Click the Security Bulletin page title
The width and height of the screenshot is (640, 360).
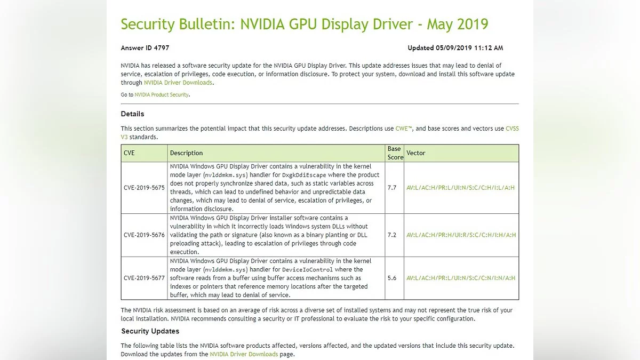(304, 25)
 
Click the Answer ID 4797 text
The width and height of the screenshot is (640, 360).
(145, 48)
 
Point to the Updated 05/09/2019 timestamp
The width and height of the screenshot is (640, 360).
(455, 48)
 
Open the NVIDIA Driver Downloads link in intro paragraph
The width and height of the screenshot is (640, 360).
(178, 83)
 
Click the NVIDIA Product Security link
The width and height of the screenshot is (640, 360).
(162, 95)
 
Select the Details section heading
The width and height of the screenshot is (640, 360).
(132, 114)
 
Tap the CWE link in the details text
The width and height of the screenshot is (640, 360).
(403, 129)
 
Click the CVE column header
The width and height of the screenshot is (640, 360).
(129, 153)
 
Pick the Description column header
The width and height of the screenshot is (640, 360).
(186, 153)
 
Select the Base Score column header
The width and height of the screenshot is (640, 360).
(395, 153)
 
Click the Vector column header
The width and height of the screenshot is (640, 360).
(416, 153)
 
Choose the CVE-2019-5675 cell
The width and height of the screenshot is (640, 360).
(144, 188)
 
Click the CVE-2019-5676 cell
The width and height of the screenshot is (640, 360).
(144, 235)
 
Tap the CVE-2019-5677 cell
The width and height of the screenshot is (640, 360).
(144, 278)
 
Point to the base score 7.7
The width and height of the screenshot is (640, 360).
(392, 188)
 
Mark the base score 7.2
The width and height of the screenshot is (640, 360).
(392, 235)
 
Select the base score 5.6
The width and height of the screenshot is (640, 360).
(392, 278)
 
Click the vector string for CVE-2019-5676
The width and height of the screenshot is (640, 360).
(461, 235)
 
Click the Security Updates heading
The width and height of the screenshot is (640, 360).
(150, 331)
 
